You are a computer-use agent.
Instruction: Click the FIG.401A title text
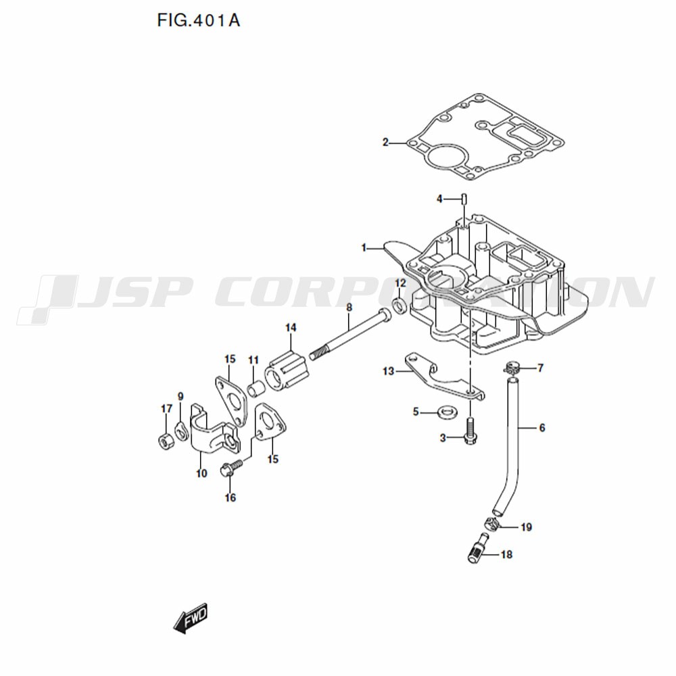[x=198, y=20]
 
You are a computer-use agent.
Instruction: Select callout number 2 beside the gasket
[x=385, y=142]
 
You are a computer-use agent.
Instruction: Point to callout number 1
[x=364, y=248]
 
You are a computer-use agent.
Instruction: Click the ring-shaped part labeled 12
[x=400, y=306]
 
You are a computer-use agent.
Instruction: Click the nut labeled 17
[x=166, y=441]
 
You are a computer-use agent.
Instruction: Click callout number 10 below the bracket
[x=201, y=473]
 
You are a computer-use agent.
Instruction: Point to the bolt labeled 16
[x=231, y=468]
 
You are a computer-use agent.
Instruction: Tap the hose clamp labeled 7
[x=511, y=368]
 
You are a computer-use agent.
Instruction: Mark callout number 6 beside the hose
[x=542, y=428]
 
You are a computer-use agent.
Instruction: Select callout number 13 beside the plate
[x=389, y=370]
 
